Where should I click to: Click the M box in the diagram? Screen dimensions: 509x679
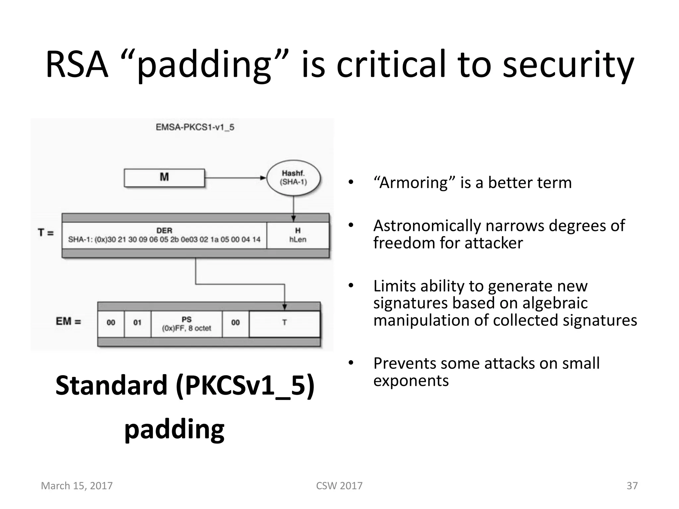pyautogui.click(x=164, y=178)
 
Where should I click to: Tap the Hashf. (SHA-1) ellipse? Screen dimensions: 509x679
pyautogui.click(x=293, y=178)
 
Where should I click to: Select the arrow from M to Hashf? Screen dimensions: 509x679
pyautogui.click(x=235, y=178)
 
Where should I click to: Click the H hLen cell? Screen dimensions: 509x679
pyautogui.click(x=298, y=235)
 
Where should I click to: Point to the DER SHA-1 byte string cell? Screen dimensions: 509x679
pyautogui.click(x=164, y=235)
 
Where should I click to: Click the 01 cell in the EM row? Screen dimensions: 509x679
pyautogui.click(x=137, y=323)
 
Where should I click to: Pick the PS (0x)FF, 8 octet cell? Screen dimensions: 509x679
pyautogui.click(x=186, y=324)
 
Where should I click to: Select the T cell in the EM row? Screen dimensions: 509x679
pyautogui.click(x=284, y=323)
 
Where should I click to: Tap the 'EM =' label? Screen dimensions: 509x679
pyautogui.click(x=68, y=321)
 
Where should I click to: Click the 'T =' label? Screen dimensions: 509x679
pyautogui.click(x=46, y=233)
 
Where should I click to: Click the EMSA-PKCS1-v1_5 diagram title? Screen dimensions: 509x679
pyautogui.click(x=195, y=127)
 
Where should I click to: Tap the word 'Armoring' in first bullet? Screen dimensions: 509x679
pyautogui.click(x=414, y=183)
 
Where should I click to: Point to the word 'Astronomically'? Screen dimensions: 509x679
pyautogui.click(x=427, y=226)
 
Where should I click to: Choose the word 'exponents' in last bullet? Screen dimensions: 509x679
pyautogui.click(x=411, y=381)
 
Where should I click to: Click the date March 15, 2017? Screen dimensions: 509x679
pyautogui.click(x=77, y=486)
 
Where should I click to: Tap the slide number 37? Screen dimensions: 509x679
pyautogui.click(x=632, y=486)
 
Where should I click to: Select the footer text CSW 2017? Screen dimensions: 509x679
pyautogui.click(x=339, y=486)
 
